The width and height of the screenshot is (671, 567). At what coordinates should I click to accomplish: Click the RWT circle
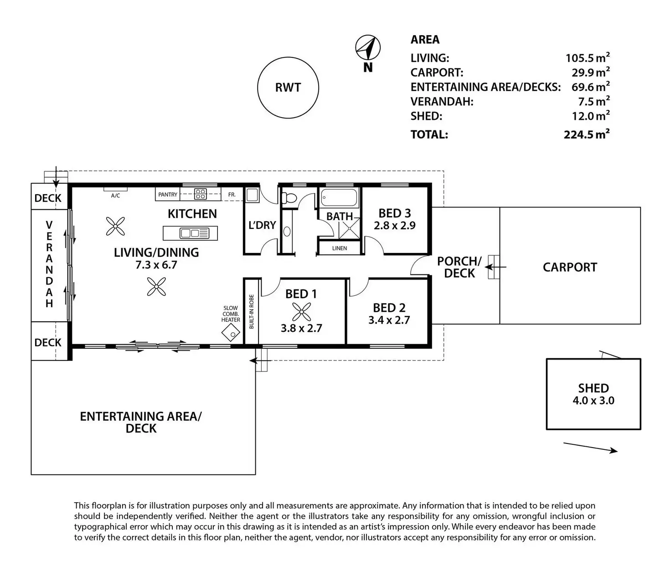[x=288, y=88]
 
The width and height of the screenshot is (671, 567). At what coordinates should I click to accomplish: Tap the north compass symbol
[x=368, y=48]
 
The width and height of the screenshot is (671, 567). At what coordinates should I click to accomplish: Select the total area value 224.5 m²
[x=586, y=134]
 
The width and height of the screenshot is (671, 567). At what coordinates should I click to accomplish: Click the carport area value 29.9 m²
[x=590, y=72]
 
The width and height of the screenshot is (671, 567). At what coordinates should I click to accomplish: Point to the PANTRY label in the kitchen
[x=168, y=195]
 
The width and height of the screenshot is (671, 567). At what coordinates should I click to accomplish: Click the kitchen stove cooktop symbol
[x=201, y=194]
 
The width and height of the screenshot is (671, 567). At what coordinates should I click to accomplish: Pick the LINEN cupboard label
[x=340, y=248]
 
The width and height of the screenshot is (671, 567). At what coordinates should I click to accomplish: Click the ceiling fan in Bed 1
[x=301, y=313]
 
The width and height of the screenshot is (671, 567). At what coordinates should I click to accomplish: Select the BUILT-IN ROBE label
[x=252, y=312]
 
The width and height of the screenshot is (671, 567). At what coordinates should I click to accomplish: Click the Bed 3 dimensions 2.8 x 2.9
[x=395, y=226]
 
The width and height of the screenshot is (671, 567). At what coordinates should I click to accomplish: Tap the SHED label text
[x=594, y=388]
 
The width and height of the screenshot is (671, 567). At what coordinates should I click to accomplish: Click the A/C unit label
[x=115, y=196]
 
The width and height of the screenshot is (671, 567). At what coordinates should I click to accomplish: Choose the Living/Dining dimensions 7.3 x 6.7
[x=156, y=265]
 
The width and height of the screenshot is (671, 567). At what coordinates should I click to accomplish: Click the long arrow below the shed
[x=590, y=447]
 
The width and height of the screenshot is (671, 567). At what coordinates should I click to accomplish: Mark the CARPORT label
[x=570, y=268]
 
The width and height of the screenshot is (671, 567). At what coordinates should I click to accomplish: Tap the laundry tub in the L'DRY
[x=252, y=195]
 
